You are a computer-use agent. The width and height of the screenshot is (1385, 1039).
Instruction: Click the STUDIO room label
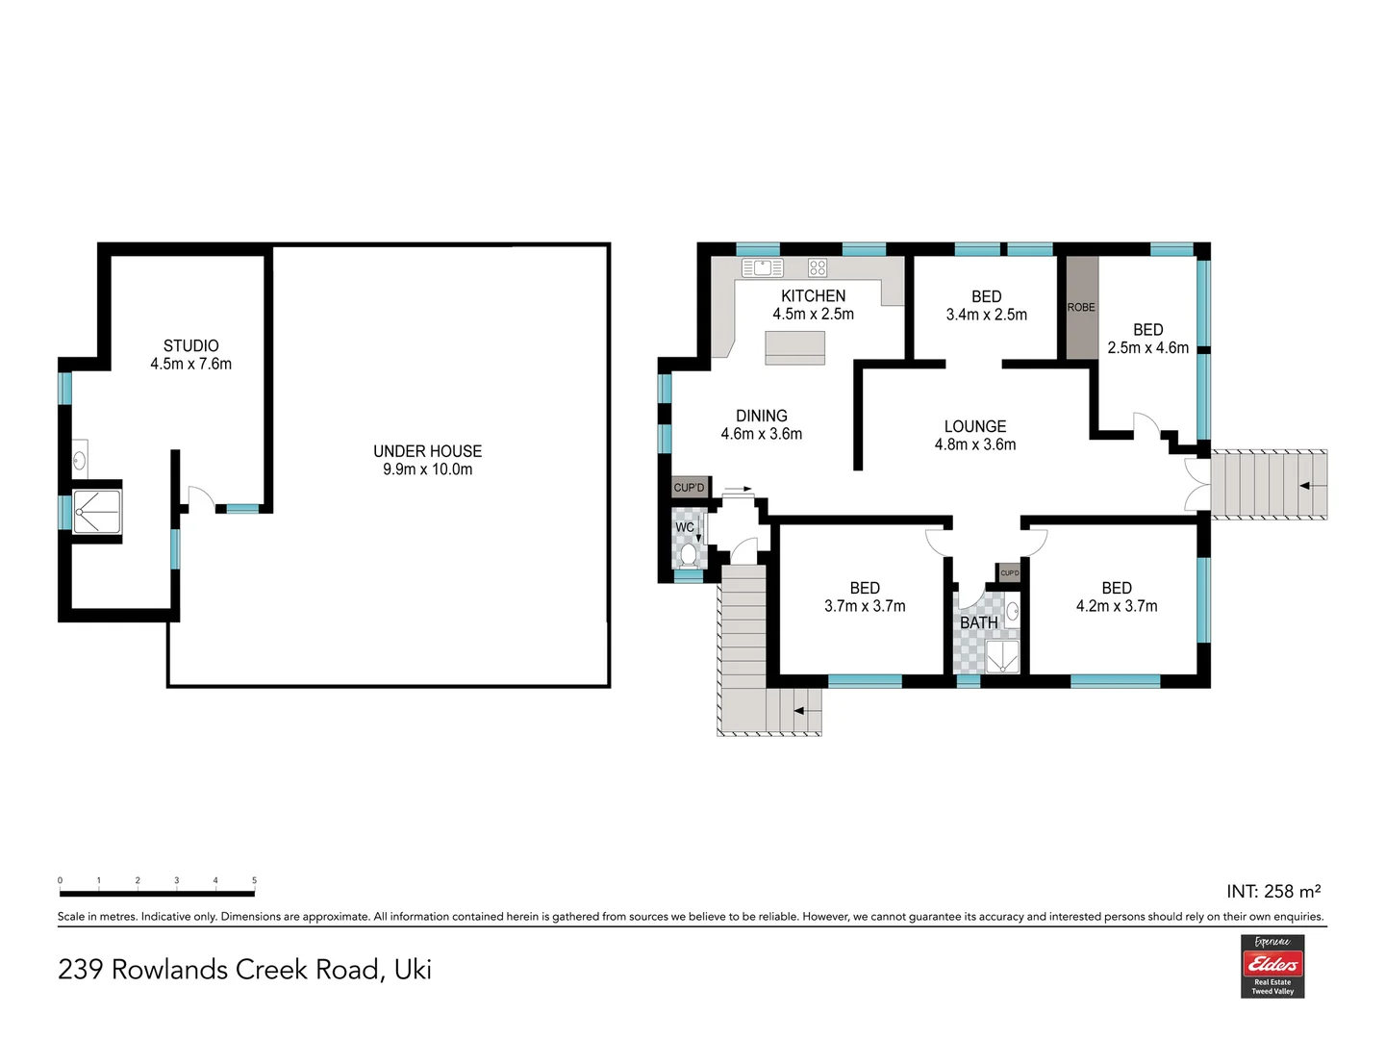point(190,345)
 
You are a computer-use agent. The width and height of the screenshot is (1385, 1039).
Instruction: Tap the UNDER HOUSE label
point(427,451)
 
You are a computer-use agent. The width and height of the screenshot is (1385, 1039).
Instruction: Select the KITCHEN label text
point(813,296)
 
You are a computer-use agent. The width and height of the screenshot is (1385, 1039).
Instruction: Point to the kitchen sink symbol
point(762,267)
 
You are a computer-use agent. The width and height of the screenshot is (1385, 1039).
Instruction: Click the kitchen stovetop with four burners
point(818,267)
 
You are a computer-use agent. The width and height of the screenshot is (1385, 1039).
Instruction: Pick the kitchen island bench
point(794,348)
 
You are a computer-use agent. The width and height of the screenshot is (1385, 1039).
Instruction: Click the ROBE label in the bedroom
point(1081,307)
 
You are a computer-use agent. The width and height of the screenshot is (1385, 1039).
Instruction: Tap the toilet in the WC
point(689,555)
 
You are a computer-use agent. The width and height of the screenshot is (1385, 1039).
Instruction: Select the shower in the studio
point(96,512)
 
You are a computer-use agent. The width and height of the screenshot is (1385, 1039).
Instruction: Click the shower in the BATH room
point(1002,657)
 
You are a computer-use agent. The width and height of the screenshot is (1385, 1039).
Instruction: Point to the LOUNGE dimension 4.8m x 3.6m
point(975,444)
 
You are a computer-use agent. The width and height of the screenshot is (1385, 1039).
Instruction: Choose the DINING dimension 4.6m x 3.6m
point(761,433)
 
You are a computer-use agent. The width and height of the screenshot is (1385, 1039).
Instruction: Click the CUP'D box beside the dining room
point(689,487)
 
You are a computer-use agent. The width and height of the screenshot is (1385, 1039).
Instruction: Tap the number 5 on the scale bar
point(254,880)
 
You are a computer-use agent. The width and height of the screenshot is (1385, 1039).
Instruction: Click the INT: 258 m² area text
point(1273,891)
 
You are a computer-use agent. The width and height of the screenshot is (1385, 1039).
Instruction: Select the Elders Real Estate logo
point(1272,966)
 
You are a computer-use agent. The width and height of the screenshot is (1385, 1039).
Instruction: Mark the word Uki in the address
point(413,970)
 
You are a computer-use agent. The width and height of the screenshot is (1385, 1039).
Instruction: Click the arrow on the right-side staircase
point(1313,486)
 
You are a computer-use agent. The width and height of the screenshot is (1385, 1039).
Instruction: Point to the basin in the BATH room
point(1012,611)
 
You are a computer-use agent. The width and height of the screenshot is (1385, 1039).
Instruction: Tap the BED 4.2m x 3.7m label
point(1117,596)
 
